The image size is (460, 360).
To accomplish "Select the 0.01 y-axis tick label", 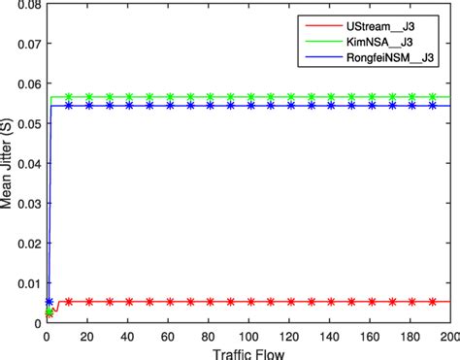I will (x=26, y=285).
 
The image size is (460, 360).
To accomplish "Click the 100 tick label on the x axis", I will (x=248, y=336).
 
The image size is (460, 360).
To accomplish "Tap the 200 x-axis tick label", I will (x=449, y=336).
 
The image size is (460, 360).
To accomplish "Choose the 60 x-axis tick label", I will (x=168, y=336).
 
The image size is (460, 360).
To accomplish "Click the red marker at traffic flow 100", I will (x=248, y=302).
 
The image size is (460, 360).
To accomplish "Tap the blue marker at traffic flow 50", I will (x=148, y=105).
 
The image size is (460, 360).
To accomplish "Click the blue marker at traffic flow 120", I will (x=289, y=105).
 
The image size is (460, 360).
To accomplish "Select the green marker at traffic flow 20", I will (x=89, y=97).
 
